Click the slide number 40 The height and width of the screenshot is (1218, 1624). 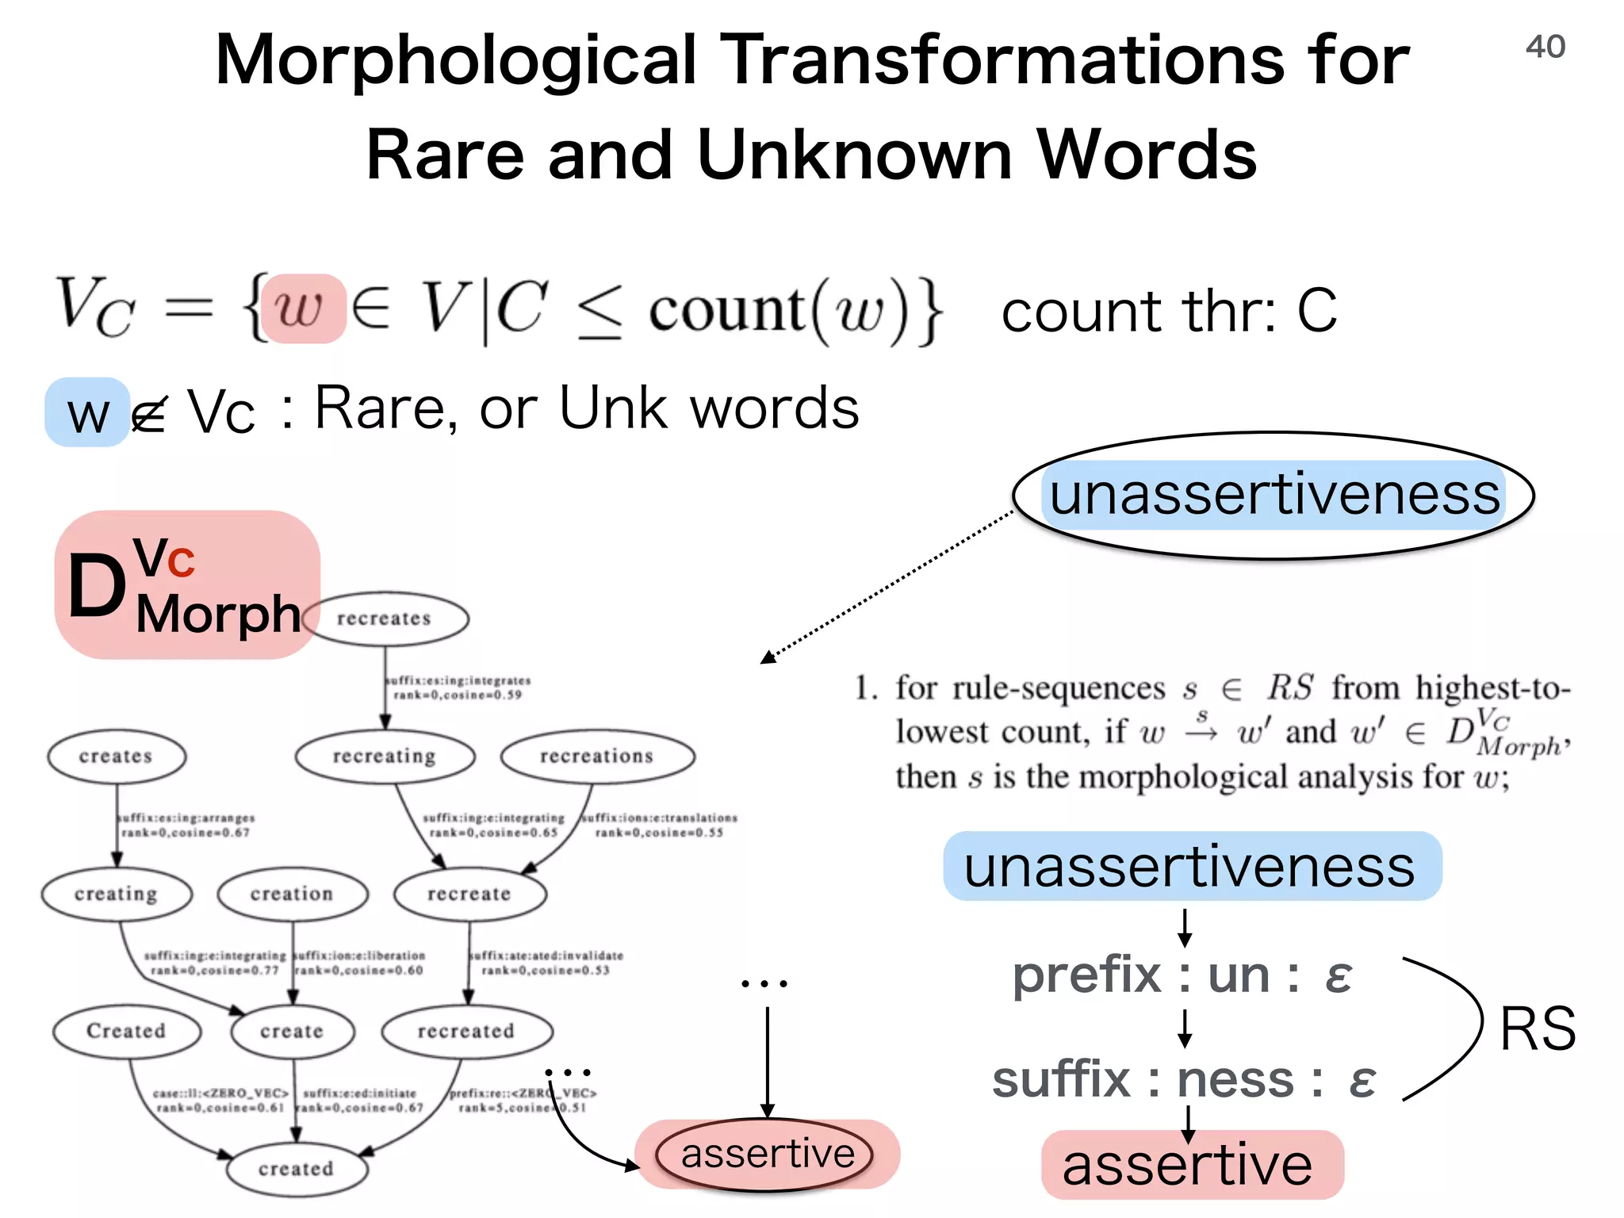[1545, 47]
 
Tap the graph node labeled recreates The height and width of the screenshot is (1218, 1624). [385, 619]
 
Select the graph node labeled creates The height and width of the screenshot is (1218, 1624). [117, 756]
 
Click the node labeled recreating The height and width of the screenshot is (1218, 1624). [385, 756]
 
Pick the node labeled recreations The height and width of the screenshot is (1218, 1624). [597, 756]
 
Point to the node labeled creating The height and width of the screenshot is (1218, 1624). [117, 894]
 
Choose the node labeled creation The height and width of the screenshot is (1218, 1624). [292, 894]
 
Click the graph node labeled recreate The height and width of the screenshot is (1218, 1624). [469, 894]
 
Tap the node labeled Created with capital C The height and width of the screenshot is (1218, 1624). [126, 1031]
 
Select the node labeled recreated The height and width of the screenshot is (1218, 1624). [466, 1031]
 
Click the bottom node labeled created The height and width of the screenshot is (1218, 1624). [297, 1169]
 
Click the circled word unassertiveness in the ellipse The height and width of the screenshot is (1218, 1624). [1274, 496]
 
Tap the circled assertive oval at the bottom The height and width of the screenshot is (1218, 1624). [767, 1155]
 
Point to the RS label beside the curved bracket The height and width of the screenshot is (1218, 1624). [1538, 1029]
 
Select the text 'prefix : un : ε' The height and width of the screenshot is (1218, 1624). [1182, 975]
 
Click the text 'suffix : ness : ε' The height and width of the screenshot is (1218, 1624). [1184, 1080]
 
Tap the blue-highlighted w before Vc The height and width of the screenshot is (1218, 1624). [87, 414]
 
